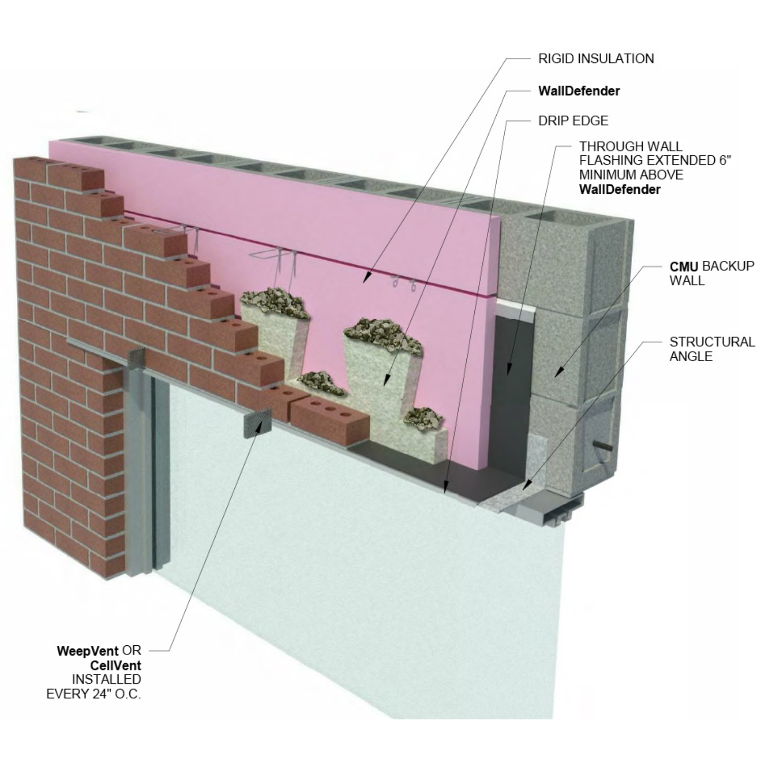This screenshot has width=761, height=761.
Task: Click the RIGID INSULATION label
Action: coord(596,59)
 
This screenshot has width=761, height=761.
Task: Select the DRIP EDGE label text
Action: coord(573,121)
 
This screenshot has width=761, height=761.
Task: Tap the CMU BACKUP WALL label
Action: coord(711,273)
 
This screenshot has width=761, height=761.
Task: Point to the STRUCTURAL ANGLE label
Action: coord(711,349)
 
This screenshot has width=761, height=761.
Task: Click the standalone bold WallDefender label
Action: coord(578,91)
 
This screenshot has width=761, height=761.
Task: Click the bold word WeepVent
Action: coord(87,650)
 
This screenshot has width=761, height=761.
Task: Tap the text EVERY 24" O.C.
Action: coord(93,694)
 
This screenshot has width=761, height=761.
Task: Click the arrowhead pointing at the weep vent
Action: coord(259,429)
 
